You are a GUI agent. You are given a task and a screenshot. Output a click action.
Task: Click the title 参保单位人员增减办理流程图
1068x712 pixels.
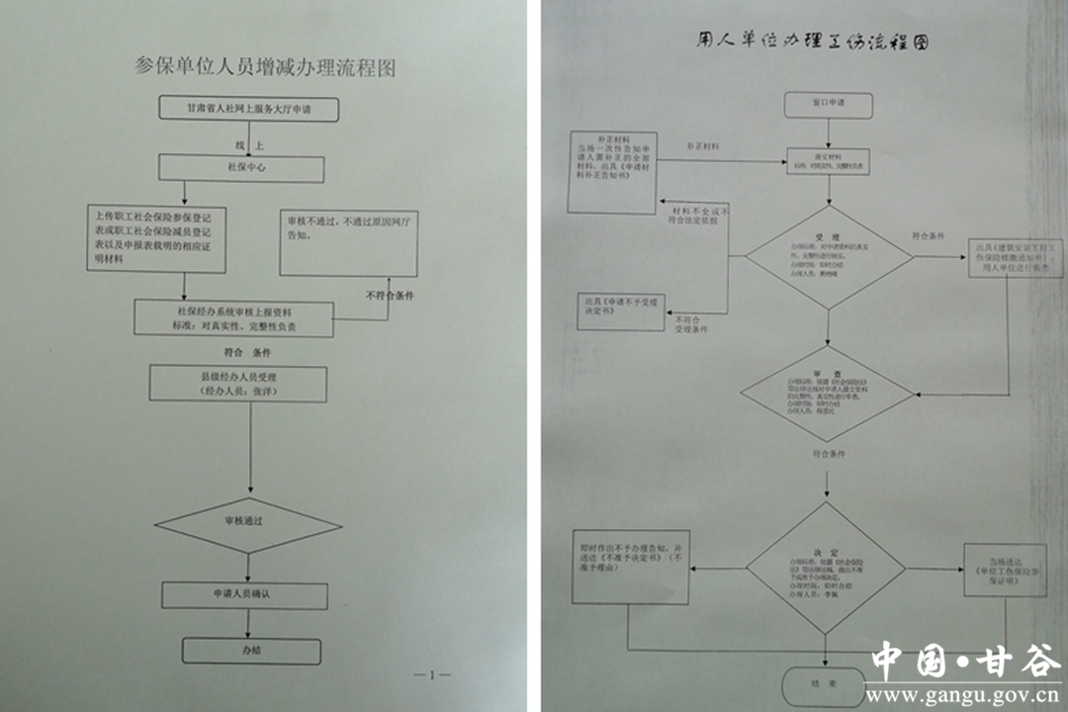[265, 68]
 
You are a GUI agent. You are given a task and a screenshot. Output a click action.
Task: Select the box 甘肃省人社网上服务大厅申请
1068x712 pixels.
[248, 108]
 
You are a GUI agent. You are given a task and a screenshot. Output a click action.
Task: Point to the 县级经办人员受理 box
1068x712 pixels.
[238, 384]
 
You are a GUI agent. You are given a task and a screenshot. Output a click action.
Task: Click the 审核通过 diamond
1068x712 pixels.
[249, 519]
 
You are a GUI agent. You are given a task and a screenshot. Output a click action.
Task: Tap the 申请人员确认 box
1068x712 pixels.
[243, 594]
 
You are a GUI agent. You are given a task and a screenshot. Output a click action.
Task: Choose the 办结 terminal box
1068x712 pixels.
[251, 651]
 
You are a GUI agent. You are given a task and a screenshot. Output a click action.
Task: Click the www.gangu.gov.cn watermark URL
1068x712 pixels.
[964, 694]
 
